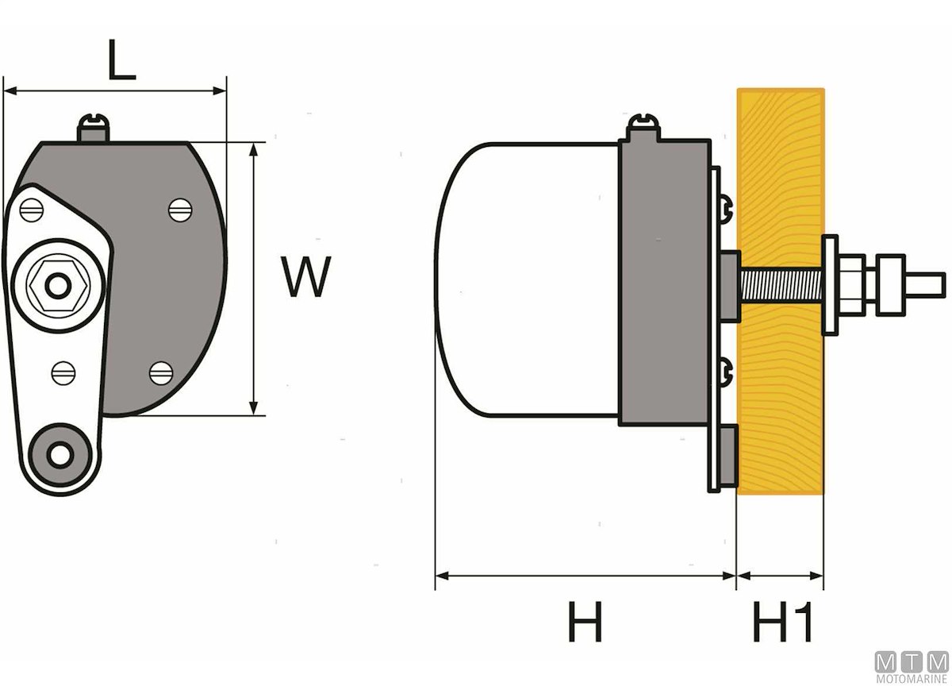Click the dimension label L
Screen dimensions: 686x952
point(121,62)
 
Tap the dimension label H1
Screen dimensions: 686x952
point(783,622)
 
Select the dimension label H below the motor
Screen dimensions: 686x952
point(585,622)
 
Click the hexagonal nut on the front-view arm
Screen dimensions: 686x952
point(56,283)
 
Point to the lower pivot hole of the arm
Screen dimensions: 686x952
point(59,454)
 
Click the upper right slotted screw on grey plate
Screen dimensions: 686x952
point(180,209)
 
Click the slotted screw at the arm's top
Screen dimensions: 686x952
point(33,210)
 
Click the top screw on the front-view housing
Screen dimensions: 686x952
point(94,126)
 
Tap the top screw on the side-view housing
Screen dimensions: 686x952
point(643,126)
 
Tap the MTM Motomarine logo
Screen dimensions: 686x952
point(912,666)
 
